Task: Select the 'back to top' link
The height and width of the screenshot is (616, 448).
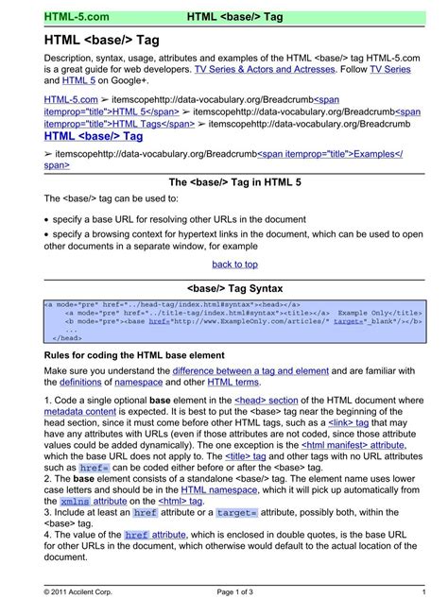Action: (234, 265)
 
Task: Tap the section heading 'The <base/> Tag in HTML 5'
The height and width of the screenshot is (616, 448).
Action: (234, 182)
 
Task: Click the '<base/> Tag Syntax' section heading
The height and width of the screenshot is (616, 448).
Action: (234, 285)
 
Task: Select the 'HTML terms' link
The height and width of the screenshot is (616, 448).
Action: (232, 382)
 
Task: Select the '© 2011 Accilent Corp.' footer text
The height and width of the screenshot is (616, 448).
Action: (83, 591)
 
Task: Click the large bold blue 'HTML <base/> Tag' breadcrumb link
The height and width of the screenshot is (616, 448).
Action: (94, 136)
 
